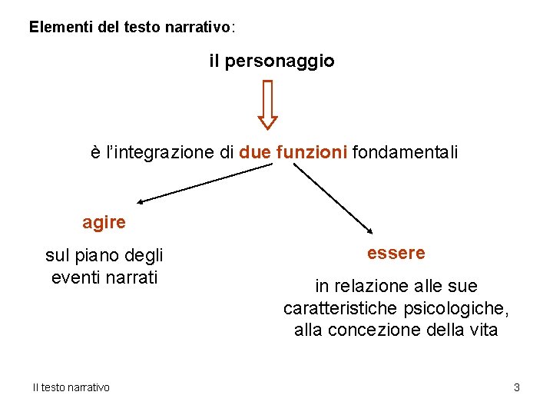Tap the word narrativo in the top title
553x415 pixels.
201,27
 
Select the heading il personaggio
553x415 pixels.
272,61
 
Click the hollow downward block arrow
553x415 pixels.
267,105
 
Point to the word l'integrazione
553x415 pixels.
159,153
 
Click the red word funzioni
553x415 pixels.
312,153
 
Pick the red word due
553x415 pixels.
254,153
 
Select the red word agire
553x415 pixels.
104,223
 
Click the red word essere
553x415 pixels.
396,253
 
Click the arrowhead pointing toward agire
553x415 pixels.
143,201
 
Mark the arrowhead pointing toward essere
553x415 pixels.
369,229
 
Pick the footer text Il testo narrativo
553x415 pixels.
71,387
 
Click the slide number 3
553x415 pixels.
517,387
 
